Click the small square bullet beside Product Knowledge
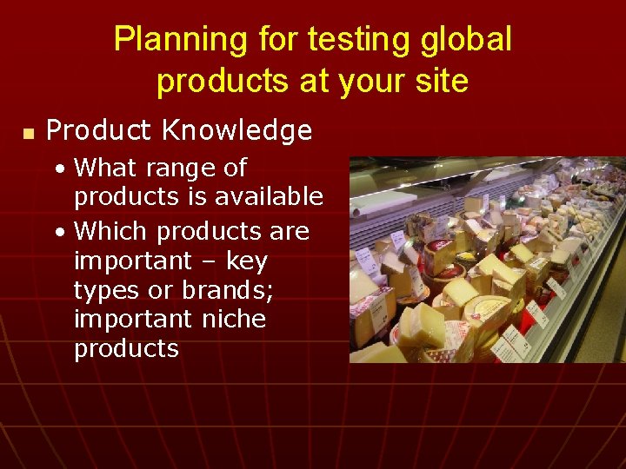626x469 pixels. click(x=28, y=134)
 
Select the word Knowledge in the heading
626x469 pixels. click(x=237, y=131)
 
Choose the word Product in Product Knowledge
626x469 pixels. click(x=98, y=131)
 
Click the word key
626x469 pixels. click(x=246, y=261)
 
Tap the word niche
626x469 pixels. click(x=235, y=319)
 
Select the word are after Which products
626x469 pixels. click(x=290, y=233)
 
